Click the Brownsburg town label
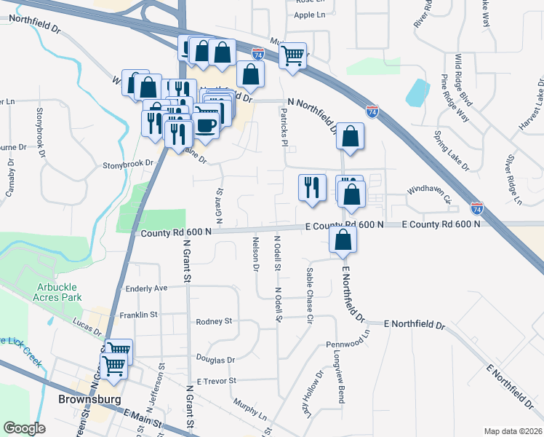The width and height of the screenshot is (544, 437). (x=85, y=399)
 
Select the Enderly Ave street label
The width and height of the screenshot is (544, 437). (x=146, y=288)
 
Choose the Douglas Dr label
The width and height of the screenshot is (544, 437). (x=215, y=359)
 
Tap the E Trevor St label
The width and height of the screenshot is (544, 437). (x=213, y=380)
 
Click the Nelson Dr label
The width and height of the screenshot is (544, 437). (x=256, y=253)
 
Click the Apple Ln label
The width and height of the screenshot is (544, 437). (x=310, y=15)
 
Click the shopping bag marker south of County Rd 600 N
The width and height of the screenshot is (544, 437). (x=343, y=238)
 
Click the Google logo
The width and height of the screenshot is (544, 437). (x=24, y=428)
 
